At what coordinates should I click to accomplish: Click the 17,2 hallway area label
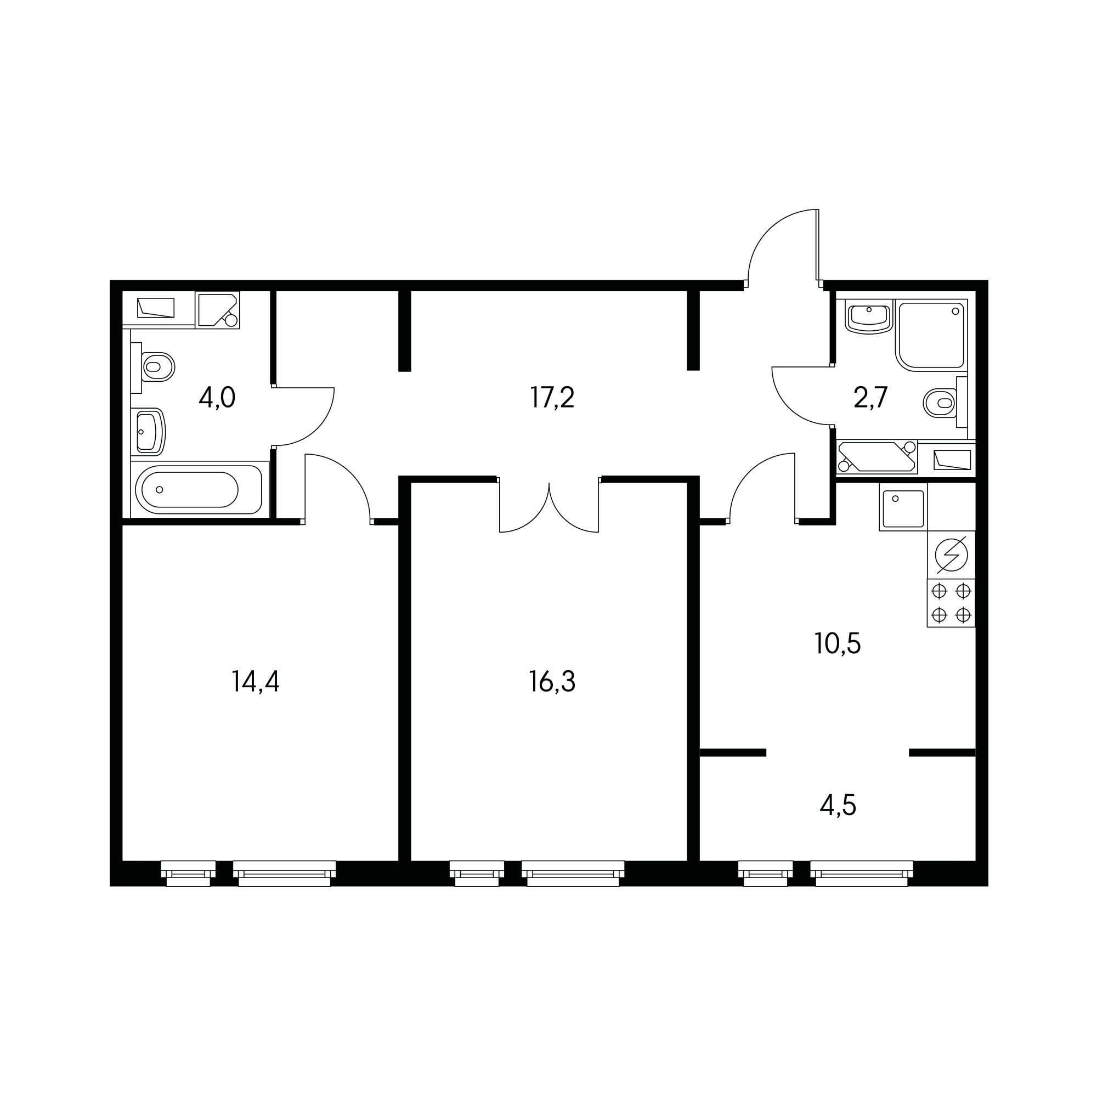point(552,398)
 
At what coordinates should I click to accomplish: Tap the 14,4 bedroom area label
point(256,681)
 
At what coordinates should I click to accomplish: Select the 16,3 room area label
point(552,681)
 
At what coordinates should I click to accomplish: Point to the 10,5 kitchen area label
point(838,643)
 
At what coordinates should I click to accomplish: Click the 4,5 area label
point(838,805)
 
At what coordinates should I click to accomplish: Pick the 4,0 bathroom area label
point(217,398)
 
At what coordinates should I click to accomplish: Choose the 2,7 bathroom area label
point(870,398)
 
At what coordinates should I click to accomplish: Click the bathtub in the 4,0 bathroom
point(199,489)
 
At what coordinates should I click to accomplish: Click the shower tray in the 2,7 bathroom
point(931,335)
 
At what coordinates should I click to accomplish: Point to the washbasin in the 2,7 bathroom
point(869,316)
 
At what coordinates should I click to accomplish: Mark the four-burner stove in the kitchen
point(951,603)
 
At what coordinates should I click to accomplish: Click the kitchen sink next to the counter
point(903,507)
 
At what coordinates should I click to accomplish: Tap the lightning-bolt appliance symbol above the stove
point(951,555)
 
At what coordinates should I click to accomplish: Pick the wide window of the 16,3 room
point(573,873)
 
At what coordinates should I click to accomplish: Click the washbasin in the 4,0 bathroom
point(148,432)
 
